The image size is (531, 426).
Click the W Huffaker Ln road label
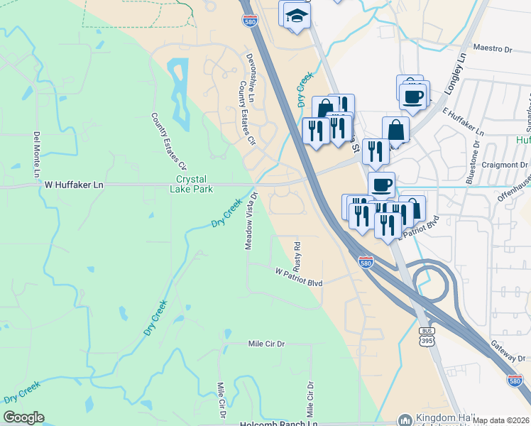[x=74, y=185]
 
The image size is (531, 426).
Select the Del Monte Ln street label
[x=35, y=154]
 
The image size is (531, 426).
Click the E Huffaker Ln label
[x=463, y=122]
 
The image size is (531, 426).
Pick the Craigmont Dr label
[x=505, y=165]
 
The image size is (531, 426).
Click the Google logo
[x=23, y=417]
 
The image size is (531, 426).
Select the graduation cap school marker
[x=297, y=17]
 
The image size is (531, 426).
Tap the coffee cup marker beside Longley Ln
[x=412, y=96]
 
